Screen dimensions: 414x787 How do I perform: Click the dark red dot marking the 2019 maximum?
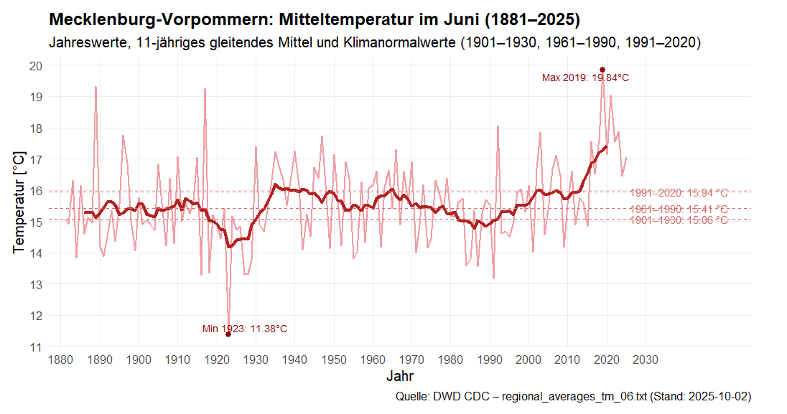point(602,70)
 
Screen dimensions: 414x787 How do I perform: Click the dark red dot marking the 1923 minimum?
point(228,334)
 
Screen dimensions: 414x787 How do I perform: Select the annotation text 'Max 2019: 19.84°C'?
point(585,78)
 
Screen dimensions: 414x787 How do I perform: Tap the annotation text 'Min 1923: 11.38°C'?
point(244,329)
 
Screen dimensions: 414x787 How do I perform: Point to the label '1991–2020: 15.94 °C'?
point(679,193)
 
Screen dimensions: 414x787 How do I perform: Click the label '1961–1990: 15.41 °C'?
point(679,210)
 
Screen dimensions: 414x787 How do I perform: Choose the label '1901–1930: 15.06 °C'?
point(679,220)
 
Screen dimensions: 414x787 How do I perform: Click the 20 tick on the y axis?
point(36,66)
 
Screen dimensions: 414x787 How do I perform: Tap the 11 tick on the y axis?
point(36,347)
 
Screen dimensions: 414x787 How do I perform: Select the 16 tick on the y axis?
point(36,191)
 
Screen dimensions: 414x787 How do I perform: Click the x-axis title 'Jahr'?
point(399,377)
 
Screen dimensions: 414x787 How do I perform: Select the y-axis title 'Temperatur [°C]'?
point(19,202)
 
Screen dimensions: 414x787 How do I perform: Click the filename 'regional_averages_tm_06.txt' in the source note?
point(579,397)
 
